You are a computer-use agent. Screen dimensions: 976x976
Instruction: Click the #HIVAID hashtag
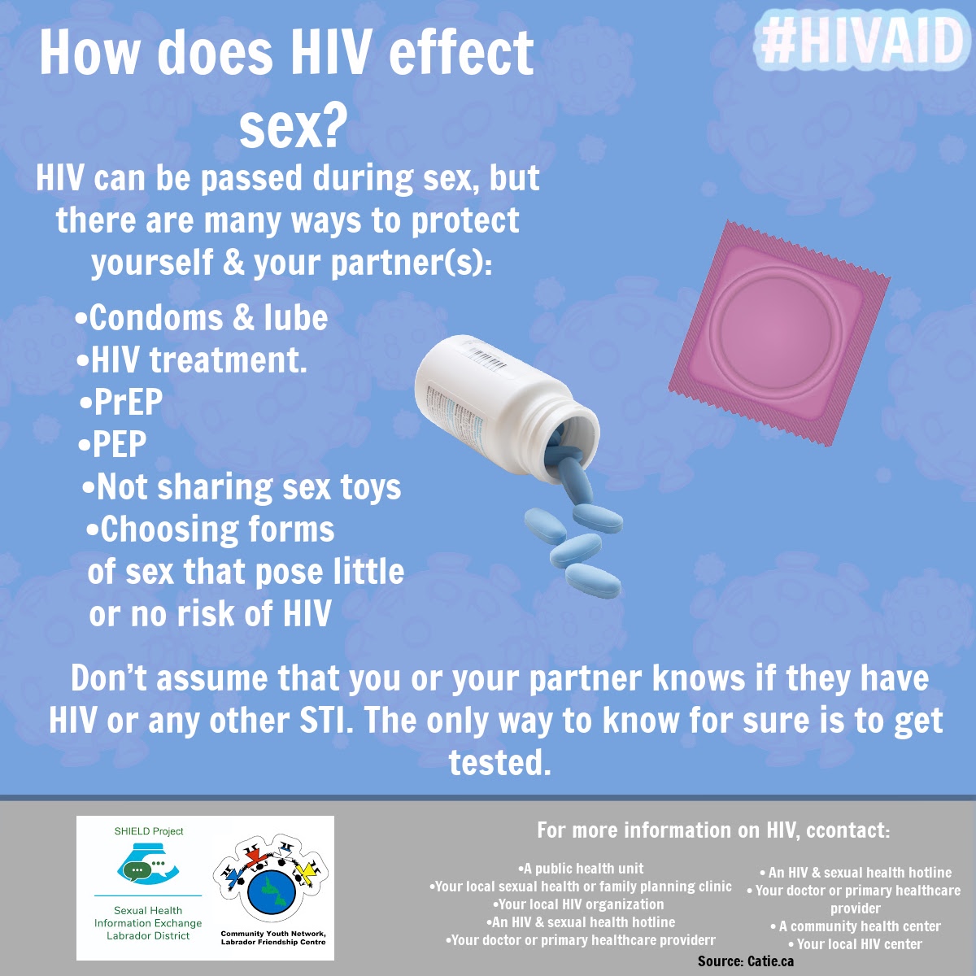861,41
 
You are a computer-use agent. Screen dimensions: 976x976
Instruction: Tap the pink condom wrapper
779,333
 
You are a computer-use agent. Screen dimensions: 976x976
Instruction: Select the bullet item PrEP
121,402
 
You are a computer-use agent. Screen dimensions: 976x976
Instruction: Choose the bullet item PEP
112,444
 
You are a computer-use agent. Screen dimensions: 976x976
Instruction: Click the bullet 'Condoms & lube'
202,317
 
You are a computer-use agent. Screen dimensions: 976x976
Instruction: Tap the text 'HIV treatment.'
192,359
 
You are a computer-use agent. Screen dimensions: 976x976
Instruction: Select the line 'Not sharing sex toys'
242,486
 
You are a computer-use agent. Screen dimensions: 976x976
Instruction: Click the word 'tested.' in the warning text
500,762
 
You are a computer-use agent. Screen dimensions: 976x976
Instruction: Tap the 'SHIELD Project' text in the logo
149,831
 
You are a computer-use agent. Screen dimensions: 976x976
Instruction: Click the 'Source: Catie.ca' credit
746,961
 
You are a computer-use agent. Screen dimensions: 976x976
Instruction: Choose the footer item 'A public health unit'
581,868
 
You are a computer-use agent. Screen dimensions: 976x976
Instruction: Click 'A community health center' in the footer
856,926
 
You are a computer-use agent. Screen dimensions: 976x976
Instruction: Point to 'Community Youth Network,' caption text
273,934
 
